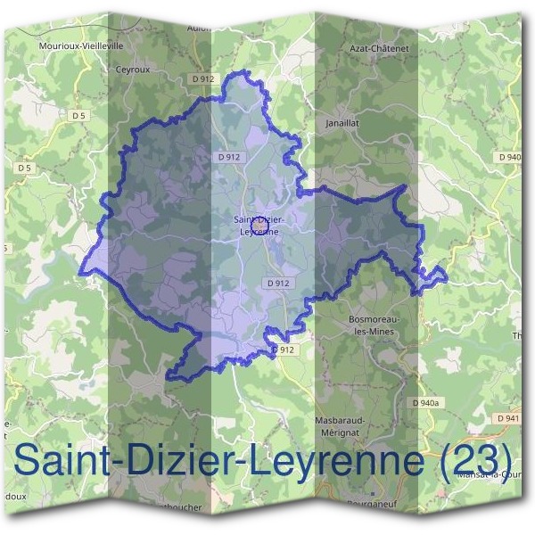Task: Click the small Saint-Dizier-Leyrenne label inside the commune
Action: (x=259, y=225)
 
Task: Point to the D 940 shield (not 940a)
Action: (x=510, y=157)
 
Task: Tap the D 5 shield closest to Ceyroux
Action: (x=79, y=116)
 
